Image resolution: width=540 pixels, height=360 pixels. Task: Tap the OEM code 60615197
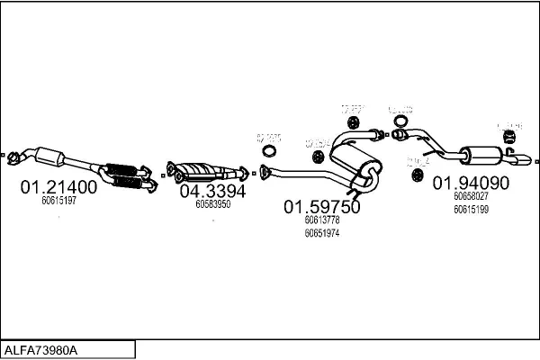point(58,201)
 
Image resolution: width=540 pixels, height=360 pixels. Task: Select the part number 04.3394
point(212,191)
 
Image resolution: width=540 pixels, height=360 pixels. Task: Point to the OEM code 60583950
point(213,204)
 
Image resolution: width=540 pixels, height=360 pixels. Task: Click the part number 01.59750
point(322,207)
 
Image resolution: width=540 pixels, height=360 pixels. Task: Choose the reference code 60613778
point(322,220)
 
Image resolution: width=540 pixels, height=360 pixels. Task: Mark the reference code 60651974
point(322,233)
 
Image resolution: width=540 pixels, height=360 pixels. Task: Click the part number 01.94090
point(472,183)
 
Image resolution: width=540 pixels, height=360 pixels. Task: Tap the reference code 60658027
point(472,196)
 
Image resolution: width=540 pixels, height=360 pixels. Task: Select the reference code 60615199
point(472,210)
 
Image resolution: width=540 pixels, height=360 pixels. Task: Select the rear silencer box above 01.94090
point(478,154)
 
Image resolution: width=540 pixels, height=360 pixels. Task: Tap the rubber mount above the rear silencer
point(508,136)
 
